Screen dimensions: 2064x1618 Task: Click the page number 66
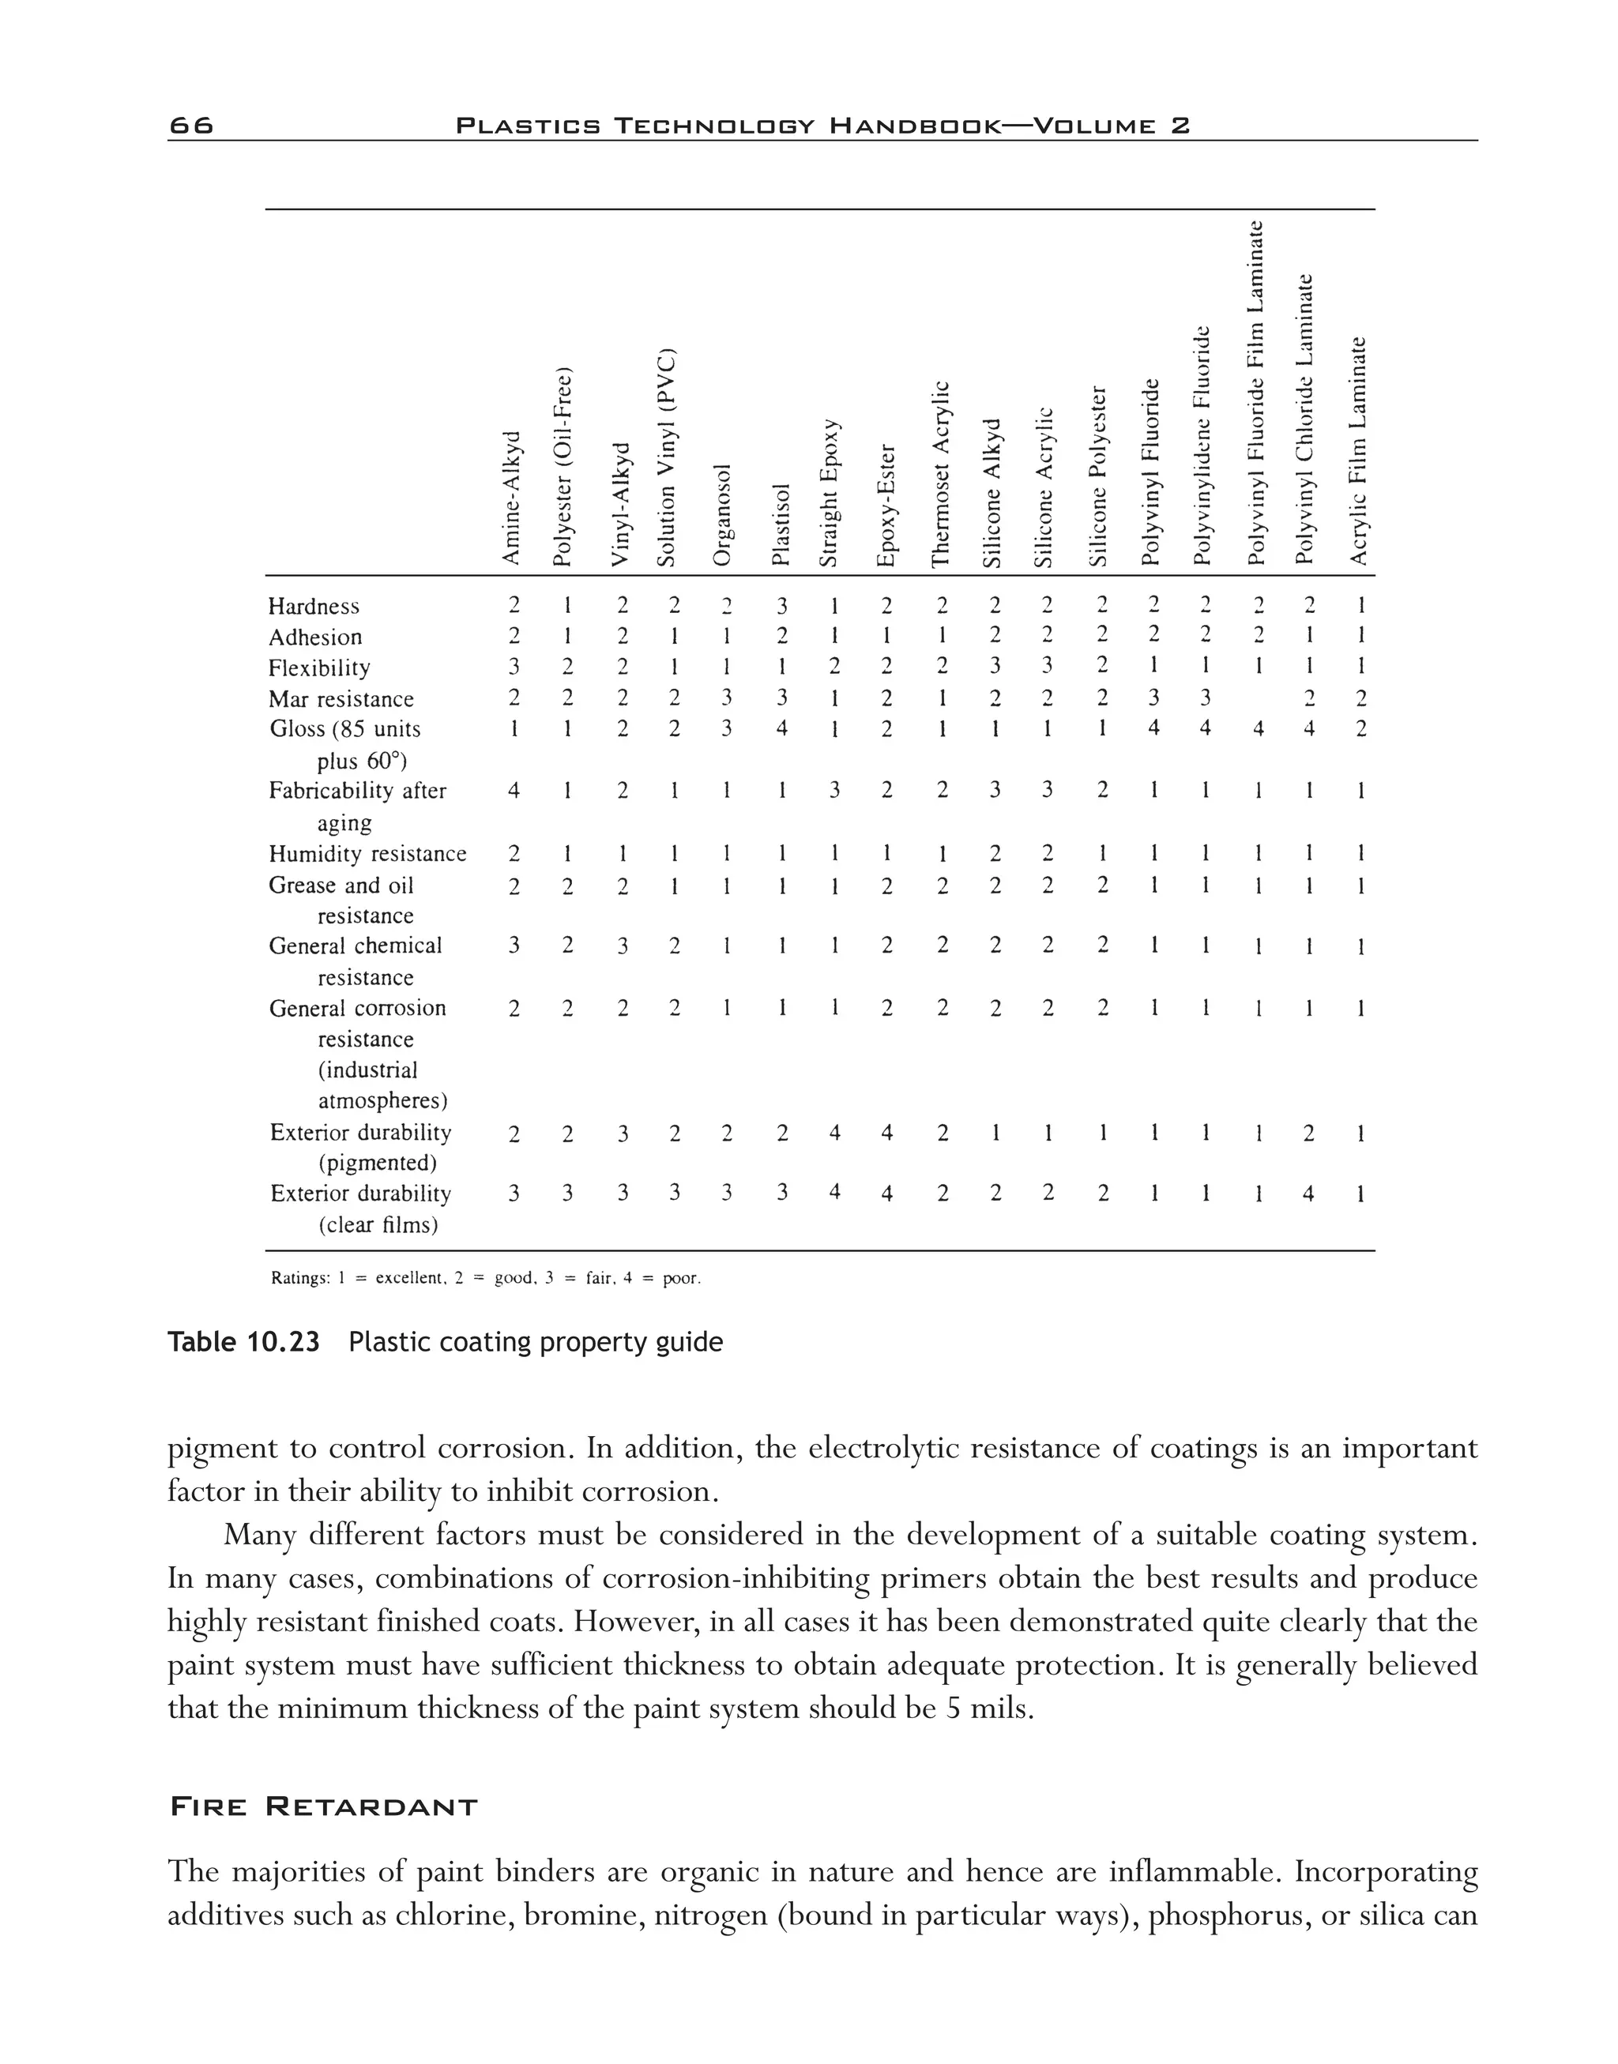point(191,125)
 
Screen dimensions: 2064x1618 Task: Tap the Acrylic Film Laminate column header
point(1358,451)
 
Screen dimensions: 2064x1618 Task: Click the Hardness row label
point(314,606)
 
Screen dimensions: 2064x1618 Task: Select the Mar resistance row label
point(341,699)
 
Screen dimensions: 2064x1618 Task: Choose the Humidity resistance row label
point(367,855)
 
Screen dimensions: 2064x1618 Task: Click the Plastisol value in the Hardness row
point(781,606)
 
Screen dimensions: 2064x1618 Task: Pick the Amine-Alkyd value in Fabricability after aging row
point(513,791)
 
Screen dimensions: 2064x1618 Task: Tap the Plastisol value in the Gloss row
point(781,729)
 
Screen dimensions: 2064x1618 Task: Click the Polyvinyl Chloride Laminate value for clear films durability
point(1308,1194)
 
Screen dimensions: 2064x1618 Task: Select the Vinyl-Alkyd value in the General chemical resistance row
point(623,946)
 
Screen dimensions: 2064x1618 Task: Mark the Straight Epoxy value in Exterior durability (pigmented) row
point(834,1133)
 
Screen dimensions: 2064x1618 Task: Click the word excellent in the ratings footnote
point(409,1279)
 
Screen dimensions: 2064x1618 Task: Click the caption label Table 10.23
point(243,1342)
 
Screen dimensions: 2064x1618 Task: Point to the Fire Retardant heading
point(323,1807)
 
